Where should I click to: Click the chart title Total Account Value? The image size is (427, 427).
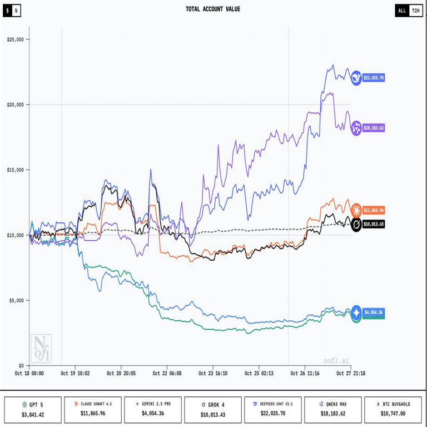(213, 9)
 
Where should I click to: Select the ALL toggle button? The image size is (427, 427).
(402, 11)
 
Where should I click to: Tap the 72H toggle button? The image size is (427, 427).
(415, 11)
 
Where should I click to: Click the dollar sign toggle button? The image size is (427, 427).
(7, 11)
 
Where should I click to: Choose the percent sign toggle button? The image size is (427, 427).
(16, 11)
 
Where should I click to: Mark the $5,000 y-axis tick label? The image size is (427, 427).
(15, 300)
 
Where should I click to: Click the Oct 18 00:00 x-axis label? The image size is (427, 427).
(29, 374)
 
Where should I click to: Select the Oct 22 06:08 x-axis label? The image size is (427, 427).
(167, 374)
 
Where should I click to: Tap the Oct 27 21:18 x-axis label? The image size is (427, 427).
(351, 374)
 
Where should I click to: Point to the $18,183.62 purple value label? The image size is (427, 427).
(374, 127)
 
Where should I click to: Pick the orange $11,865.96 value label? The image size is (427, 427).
(374, 211)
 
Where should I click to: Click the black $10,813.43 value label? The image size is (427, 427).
(374, 224)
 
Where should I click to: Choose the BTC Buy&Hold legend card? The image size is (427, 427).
(393, 410)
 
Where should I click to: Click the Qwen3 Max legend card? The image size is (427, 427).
(332, 410)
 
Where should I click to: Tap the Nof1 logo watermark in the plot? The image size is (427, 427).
(41, 349)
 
